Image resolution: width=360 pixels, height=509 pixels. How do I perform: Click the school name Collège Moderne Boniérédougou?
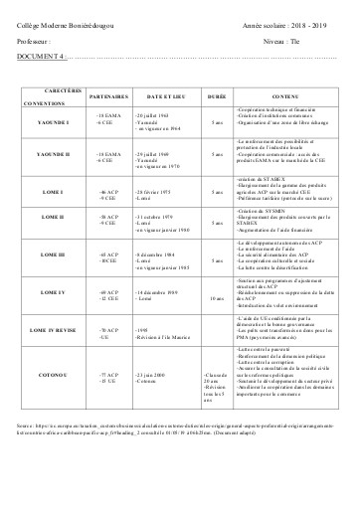(64, 21)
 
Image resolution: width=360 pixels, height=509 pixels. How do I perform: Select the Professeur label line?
(36, 43)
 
